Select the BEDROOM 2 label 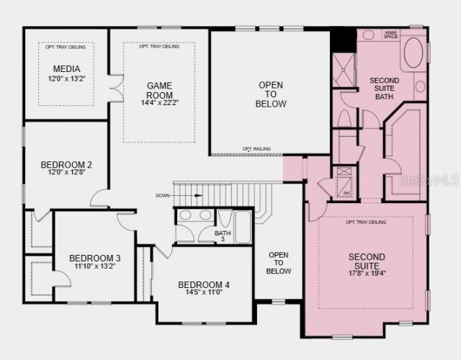pyautogui.click(x=66, y=164)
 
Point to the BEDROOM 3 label pyautogui.click(x=94, y=258)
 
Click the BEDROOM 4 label pyautogui.click(x=204, y=284)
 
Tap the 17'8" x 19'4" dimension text pyautogui.click(x=367, y=273)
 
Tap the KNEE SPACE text pyautogui.click(x=391, y=34)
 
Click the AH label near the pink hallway pyautogui.click(x=346, y=192)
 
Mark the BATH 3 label pyautogui.click(x=223, y=235)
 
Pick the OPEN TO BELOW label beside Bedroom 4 pyautogui.click(x=279, y=263)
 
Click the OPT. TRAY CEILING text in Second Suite pyautogui.click(x=366, y=222)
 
